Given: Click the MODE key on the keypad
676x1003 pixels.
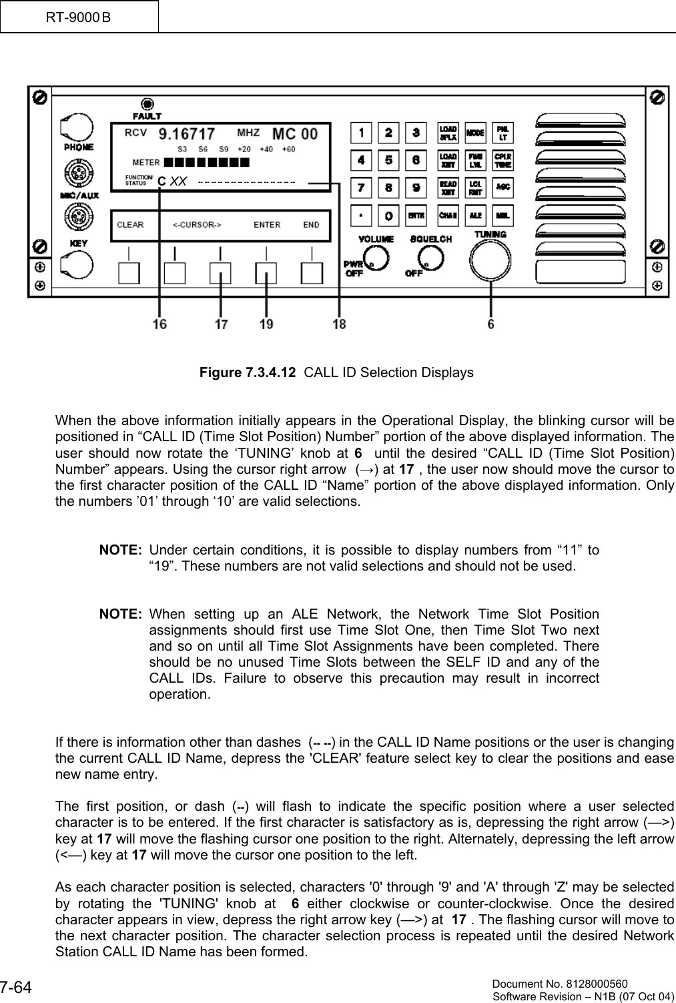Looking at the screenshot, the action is tap(475, 132).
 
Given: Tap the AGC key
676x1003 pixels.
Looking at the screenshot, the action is tap(502, 188).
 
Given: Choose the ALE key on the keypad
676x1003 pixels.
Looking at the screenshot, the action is tap(475, 216).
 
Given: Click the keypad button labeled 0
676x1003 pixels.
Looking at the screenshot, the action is tap(388, 216).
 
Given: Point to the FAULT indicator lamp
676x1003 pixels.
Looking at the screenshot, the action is tap(147, 104).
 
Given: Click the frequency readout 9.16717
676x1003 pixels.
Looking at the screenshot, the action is tap(186, 133).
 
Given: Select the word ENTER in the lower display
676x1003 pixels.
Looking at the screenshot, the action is tap(267, 225).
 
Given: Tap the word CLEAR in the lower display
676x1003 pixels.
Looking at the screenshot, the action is tap(130, 225).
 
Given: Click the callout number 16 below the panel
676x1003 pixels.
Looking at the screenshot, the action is tap(159, 324).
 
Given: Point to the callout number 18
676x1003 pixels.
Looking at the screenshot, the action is tap(339, 324).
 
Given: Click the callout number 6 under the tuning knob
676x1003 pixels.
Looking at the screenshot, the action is tap(491, 324).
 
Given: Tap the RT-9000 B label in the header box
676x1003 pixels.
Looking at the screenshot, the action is tap(79, 16).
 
